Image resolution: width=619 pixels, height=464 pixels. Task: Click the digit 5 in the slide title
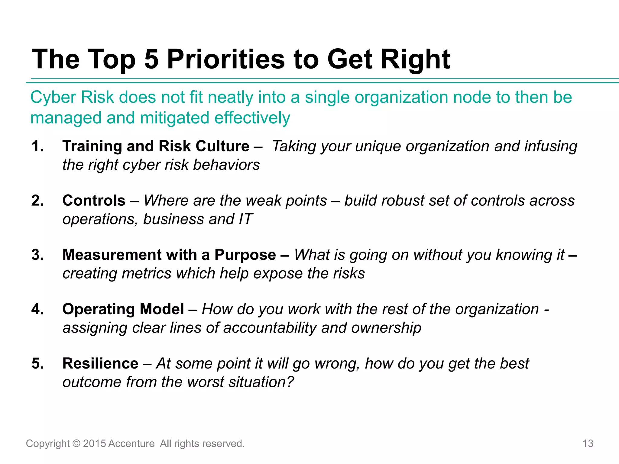[x=151, y=59]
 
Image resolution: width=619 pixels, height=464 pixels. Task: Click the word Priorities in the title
[x=226, y=59]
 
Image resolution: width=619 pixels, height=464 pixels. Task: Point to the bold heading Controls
[x=94, y=201]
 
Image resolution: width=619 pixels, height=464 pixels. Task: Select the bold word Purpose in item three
[x=245, y=255]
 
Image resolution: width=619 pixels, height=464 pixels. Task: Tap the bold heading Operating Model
[x=123, y=309]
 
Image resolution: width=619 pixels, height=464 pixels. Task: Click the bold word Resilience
[x=100, y=363]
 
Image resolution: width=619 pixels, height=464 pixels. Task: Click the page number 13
[x=588, y=443]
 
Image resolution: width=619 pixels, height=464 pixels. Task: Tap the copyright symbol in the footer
[x=76, y=443]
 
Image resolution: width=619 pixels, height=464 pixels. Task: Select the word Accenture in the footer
[x=131, y=443]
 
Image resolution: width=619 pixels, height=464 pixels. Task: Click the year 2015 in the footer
[x=94, y=443]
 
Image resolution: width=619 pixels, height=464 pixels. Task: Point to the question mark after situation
[x=290, y=382]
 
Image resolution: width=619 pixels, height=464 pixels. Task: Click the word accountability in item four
[x=270, y=328]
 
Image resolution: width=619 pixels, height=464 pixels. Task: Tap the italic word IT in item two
[x=245, y=219]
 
